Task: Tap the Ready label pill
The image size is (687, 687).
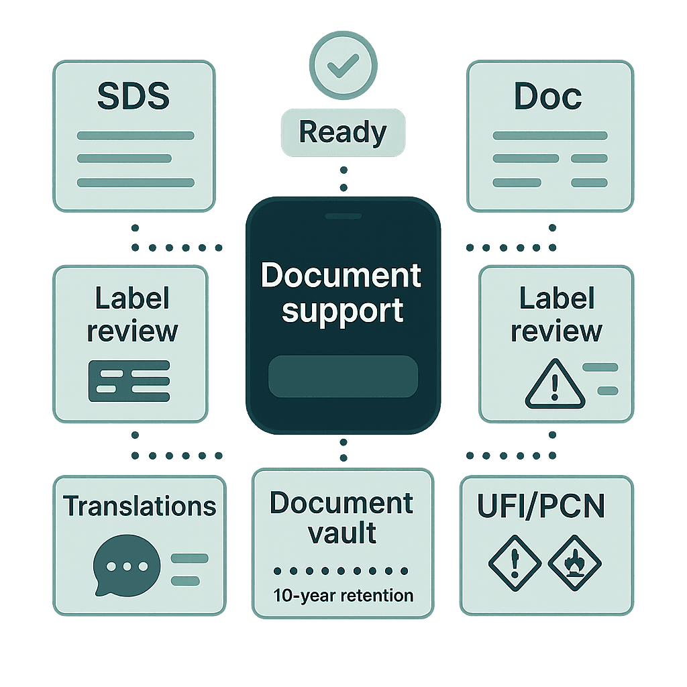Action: click(x=343, y=132)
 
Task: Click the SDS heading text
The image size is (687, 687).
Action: click(x=134, y=97)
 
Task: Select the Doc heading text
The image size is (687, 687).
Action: click(x=547, y=97)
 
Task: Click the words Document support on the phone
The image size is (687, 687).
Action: click(x=342, y=293)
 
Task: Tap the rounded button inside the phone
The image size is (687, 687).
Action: click(x=343, y=376)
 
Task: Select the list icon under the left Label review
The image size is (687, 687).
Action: click(x=129, y=381)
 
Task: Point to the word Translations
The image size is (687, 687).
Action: click(x=140, y=507)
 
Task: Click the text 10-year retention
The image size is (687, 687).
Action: click(x=343, y=595)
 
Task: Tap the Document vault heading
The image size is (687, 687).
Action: click(x=342, y=518)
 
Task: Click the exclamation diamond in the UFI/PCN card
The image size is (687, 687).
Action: click(x=515, y=562)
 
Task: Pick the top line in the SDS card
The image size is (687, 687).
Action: click(x=136, y=136)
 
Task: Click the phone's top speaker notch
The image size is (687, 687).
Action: click(x=343, y=217)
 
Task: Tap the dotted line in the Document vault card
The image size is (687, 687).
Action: click(x=343, y=571)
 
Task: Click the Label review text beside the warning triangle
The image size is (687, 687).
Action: click(x=556, y=315)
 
